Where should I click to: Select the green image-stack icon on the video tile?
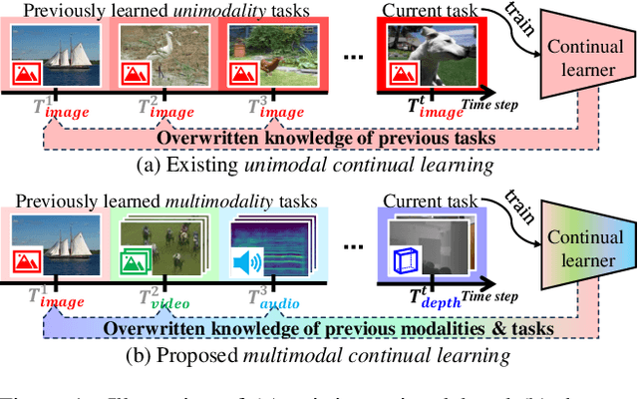(x=134, y=264)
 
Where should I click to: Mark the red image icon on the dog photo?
(x=402, y=72)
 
